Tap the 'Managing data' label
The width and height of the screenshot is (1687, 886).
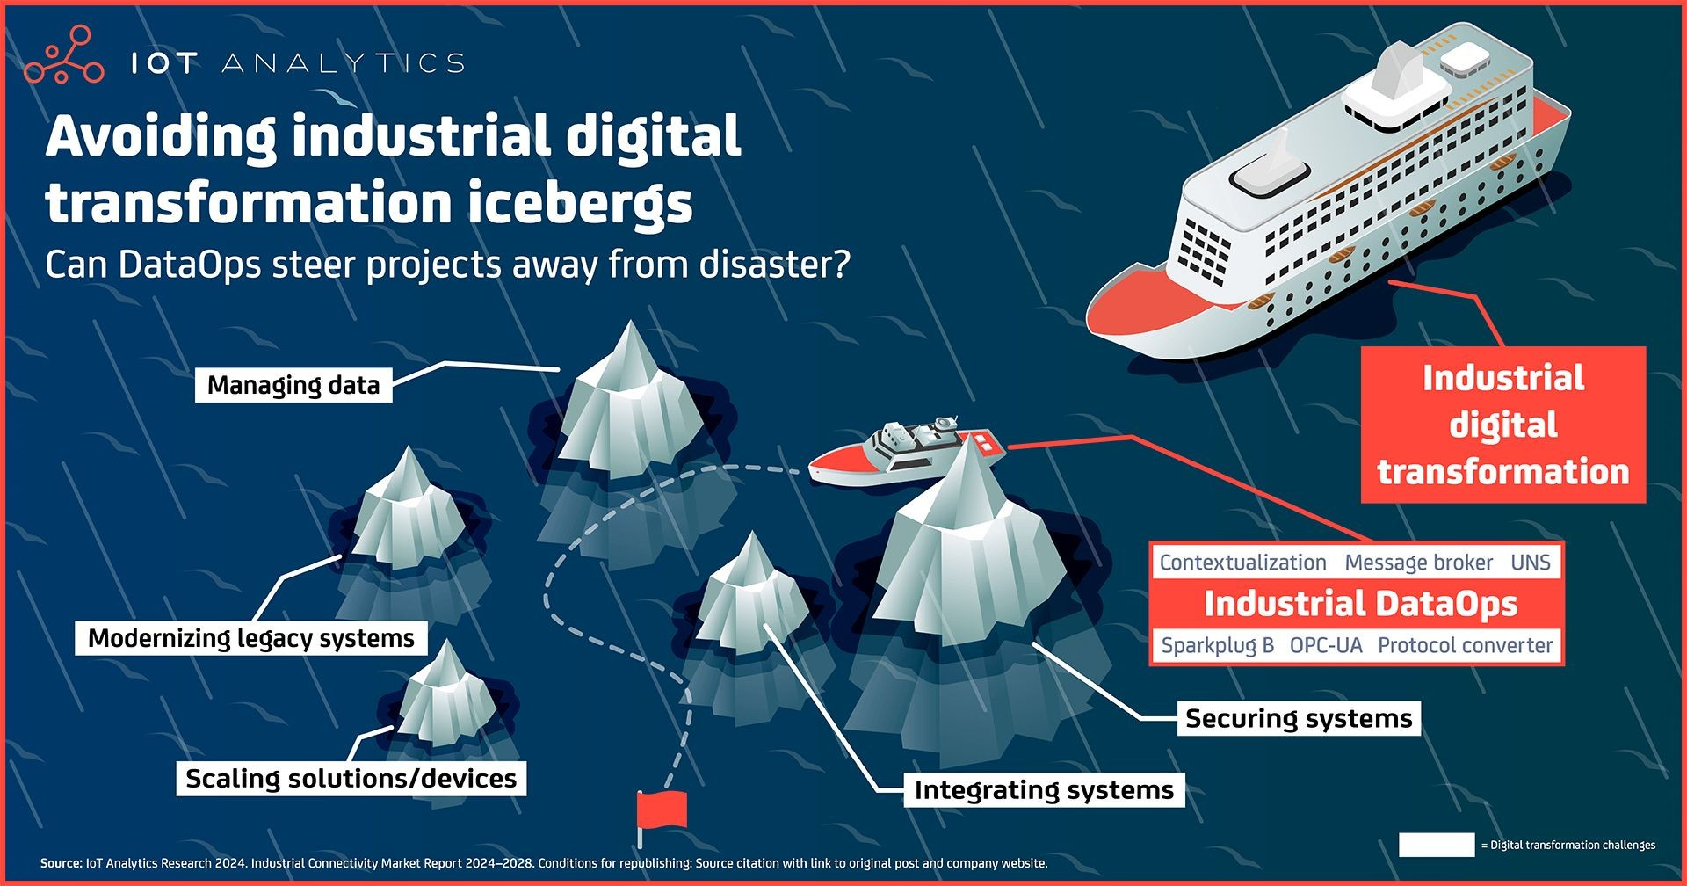[293, 385]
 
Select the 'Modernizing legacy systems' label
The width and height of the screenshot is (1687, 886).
[251, 638]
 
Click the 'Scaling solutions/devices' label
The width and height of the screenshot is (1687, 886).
[351, 779]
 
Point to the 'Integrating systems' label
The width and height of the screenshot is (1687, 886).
[1044, 790]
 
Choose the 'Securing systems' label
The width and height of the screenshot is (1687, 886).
[1299, 719]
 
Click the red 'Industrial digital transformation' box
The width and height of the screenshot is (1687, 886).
[1502, 425]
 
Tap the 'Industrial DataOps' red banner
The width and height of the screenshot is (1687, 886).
[1360, 604]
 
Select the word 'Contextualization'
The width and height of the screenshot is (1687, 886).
[1242, 563]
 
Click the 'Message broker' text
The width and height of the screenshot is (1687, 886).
[1418, 563]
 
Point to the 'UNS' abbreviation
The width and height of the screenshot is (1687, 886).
[1531, 563]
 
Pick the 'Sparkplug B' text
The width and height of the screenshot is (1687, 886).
[1217, 646]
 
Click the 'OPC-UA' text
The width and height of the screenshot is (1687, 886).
[1326, 646]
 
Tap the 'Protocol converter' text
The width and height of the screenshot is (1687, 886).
[1465, 646]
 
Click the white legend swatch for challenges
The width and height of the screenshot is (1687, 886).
[1437, 846]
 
